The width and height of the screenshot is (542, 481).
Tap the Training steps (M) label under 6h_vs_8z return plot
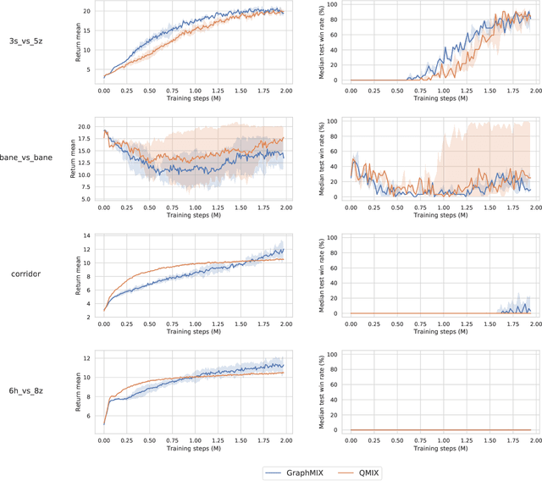194,449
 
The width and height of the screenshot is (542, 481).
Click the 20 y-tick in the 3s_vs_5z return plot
87,12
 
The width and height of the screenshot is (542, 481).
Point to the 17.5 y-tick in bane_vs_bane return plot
85,139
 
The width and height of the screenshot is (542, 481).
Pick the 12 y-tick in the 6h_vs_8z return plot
87,358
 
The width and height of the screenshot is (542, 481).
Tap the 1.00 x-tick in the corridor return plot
194,323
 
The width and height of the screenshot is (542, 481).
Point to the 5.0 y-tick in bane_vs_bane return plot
87,199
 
